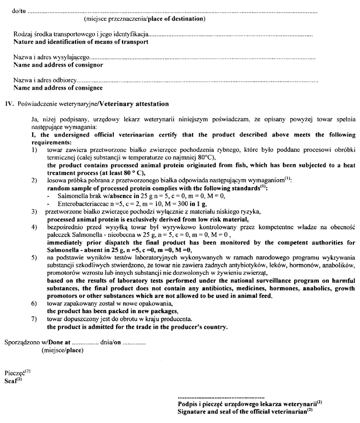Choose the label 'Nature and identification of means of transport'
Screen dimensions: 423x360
(81, 42)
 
